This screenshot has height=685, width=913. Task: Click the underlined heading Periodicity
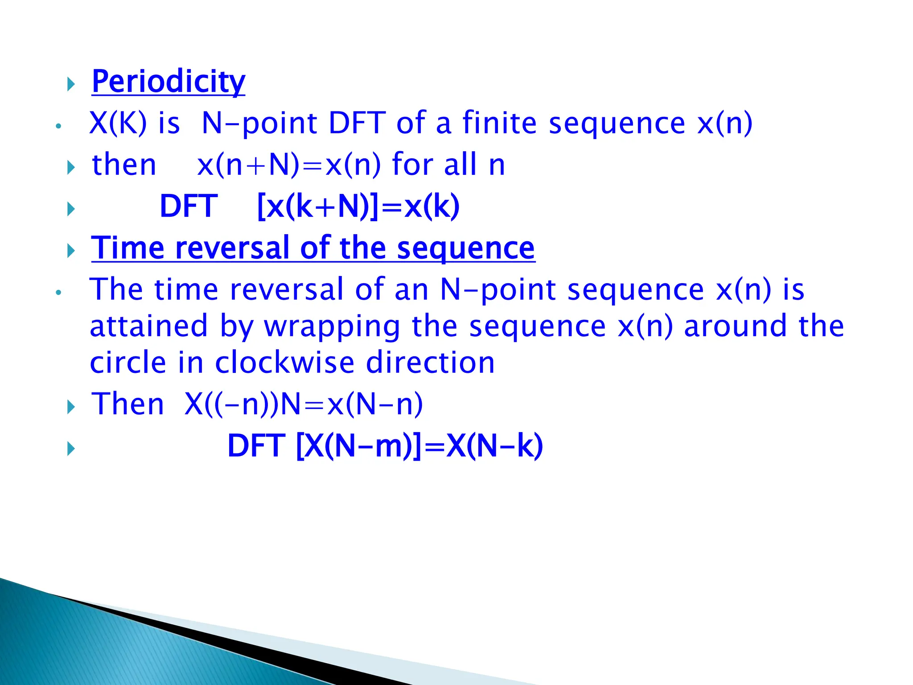pos(168,82)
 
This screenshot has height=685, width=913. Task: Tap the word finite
pos(499,123)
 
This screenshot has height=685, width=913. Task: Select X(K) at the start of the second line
pos(118,123)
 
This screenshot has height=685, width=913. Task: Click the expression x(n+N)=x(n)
pos(289,165)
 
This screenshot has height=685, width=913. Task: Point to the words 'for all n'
pos(448,165)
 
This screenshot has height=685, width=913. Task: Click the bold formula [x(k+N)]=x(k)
pos(358,206)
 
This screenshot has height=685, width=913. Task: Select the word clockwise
pos(284,363)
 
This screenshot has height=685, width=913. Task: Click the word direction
pos(430,363)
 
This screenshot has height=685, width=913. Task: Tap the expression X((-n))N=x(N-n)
pos(304,404)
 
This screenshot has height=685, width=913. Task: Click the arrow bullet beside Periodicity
pos(71,84)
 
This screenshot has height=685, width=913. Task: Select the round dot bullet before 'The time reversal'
pos(58,293)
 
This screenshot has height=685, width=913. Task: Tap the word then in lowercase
pos(124,165)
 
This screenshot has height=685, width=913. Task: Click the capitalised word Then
pos(127,404)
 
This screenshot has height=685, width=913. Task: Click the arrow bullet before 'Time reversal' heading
pos(71,251)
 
